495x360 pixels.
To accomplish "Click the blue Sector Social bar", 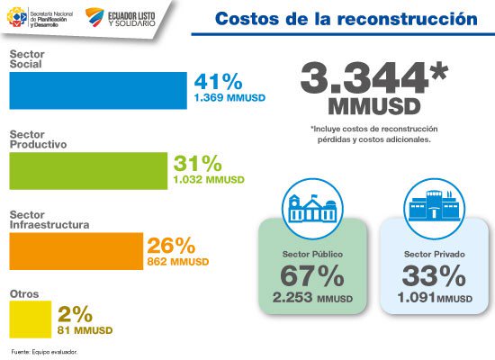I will click(97, 89).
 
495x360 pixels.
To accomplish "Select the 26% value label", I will click(171, 246).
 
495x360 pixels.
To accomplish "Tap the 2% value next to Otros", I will click(76, 314).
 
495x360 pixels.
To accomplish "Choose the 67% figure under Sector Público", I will click(312, 276).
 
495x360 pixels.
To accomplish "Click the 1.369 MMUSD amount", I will click(219, 94).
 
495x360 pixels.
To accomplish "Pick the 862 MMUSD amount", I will click(177, 262).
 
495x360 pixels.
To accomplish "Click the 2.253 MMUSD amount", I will click(312, 298).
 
